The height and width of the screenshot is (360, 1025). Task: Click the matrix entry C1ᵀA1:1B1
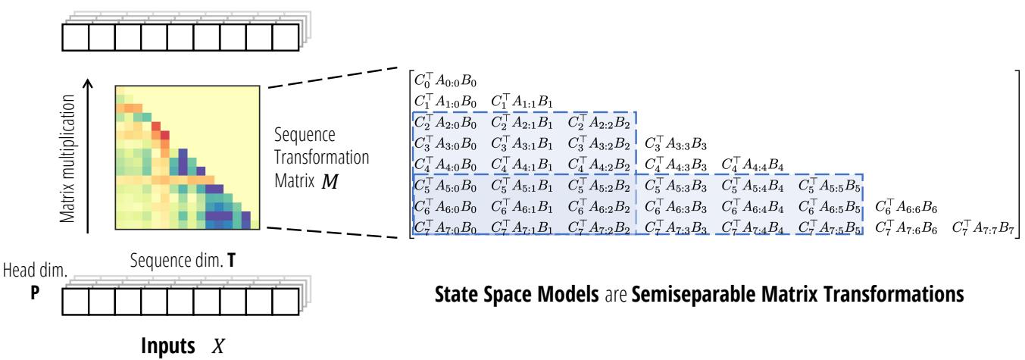(523, 101)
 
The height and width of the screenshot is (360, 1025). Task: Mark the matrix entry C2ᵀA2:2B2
(599, 121)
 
